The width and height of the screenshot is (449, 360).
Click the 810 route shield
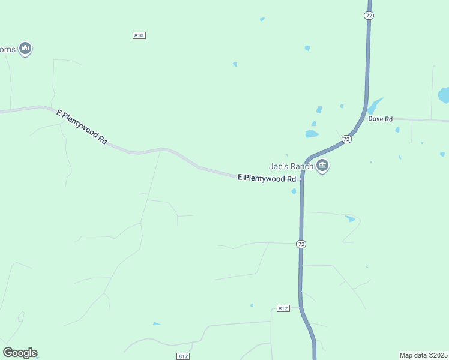coord(139,35)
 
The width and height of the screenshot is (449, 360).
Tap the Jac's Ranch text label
coord(291,166)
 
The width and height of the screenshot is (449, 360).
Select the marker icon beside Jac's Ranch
coord(322,166)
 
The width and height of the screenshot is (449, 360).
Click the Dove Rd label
coord(380,119)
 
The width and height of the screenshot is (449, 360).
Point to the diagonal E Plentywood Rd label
coord(82,126)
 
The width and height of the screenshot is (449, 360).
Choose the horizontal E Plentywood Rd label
coord(267,178)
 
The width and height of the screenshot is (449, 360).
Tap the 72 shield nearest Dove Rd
coord(346,139)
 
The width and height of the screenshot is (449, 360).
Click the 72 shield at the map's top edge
coord(369,16)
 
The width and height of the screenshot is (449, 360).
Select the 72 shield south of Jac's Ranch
coord(301,244)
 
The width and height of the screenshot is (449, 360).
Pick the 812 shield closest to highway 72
coord(284,308)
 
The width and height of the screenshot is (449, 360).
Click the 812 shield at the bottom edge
coord(183,356)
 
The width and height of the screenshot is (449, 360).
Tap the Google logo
coord(20,353)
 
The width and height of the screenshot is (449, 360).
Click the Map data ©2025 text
coord(423,355)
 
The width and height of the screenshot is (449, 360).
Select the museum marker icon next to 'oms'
coord(25,48)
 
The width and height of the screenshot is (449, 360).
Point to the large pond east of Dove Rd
coord(444,95)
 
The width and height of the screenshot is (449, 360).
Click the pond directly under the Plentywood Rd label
coord(294,191)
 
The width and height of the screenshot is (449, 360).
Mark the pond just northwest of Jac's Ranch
coord(312,134)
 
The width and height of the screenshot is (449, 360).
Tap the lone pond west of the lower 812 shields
coord(157,324)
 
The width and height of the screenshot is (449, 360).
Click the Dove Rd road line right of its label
coord(420,120)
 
